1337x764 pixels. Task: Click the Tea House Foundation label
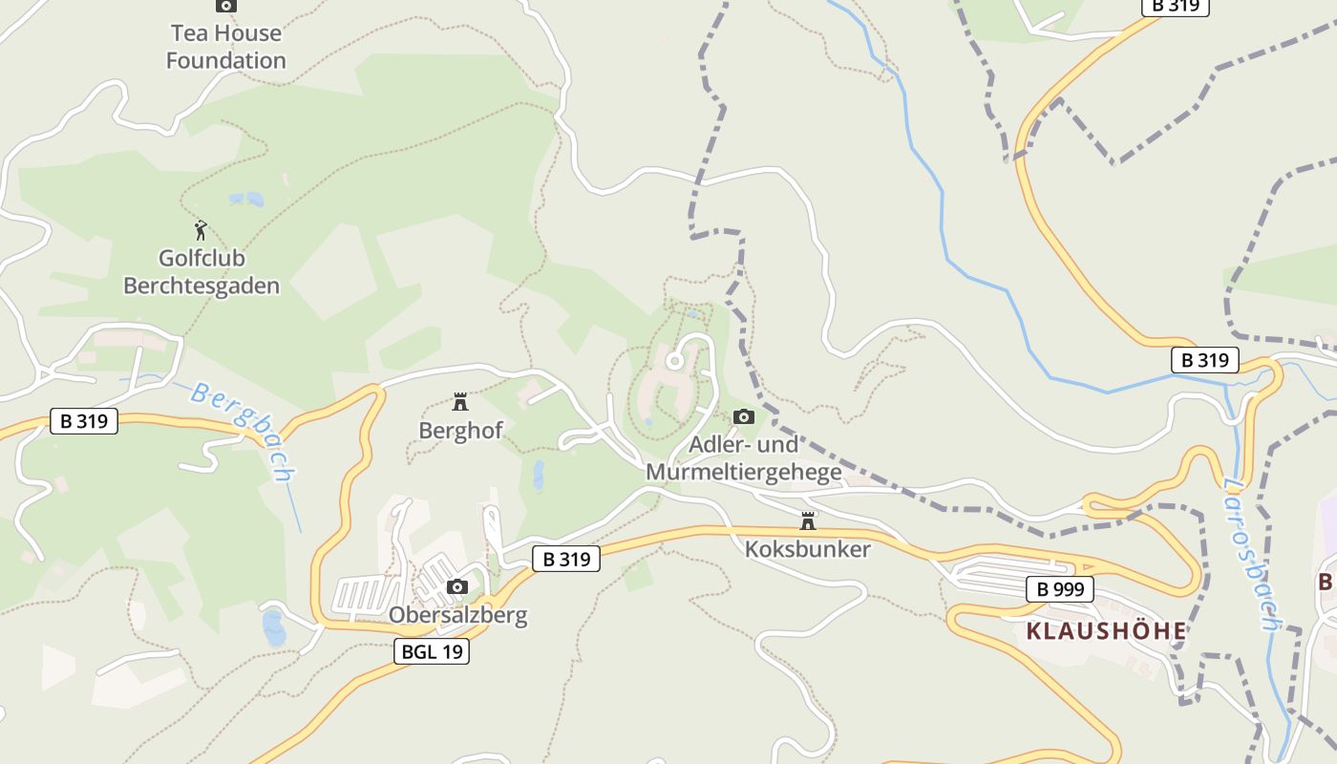225,47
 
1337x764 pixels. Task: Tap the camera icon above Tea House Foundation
225,5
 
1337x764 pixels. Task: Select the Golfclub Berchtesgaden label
202,272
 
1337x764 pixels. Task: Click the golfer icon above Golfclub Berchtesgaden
201,230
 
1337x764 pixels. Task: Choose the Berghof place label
460,431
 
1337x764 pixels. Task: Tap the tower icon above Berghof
460,401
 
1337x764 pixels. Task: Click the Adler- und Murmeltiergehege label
744,458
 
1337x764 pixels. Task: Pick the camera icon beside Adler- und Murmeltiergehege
743,416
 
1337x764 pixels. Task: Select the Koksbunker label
808,549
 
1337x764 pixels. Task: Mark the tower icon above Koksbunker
808,520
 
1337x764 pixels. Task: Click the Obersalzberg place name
457,615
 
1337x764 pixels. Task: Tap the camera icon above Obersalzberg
457,586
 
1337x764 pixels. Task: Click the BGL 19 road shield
432,651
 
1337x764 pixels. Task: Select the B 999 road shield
1060,589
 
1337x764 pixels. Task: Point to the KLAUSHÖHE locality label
1106,630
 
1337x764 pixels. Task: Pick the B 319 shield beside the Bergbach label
84,420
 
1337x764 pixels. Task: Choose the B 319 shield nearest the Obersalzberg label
566,559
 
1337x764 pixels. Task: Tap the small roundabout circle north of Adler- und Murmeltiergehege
674,361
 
